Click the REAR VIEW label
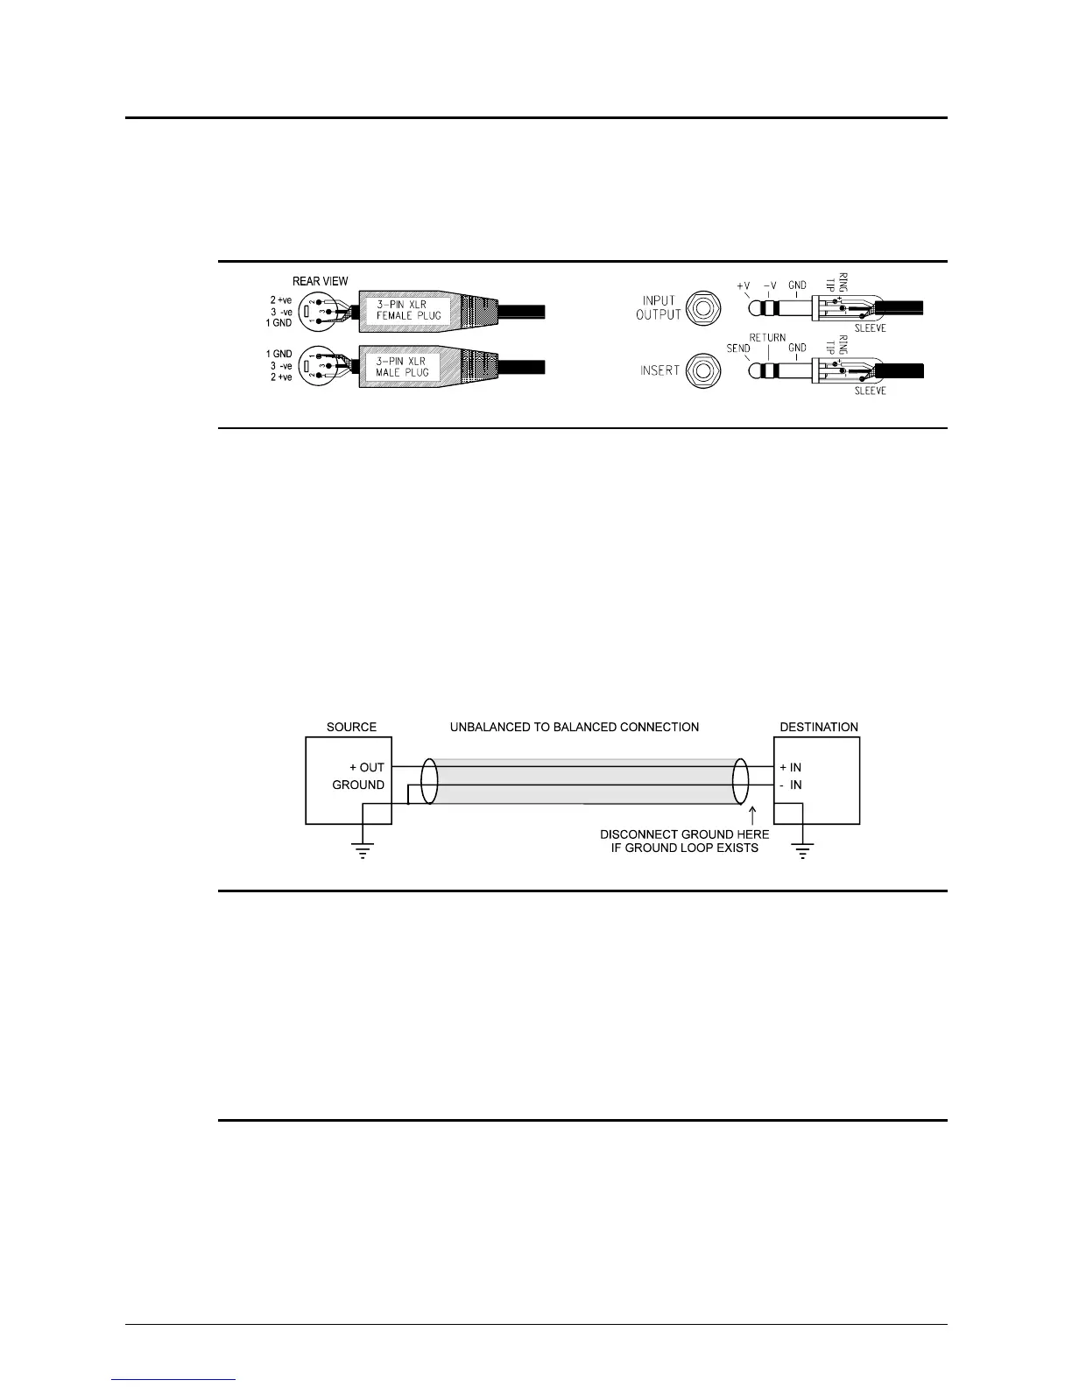[x=320, y=281]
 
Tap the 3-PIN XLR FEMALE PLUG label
[x=408, y=310]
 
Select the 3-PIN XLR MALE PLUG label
[x=408, y=366]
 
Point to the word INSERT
[x=659, y=370]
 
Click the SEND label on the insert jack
[x=738, y=348]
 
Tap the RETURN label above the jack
[x=767, y=337]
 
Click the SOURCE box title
[x=351, y=727]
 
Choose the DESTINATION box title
[x=819, y=727]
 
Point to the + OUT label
[x=366, y=767]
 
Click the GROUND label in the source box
[x=358, y=785]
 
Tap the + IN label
[x=791, y=767]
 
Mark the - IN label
[x=791, y=785]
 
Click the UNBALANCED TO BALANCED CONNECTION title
[x=575, y=727]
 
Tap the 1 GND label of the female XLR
[x=279, y=323]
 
